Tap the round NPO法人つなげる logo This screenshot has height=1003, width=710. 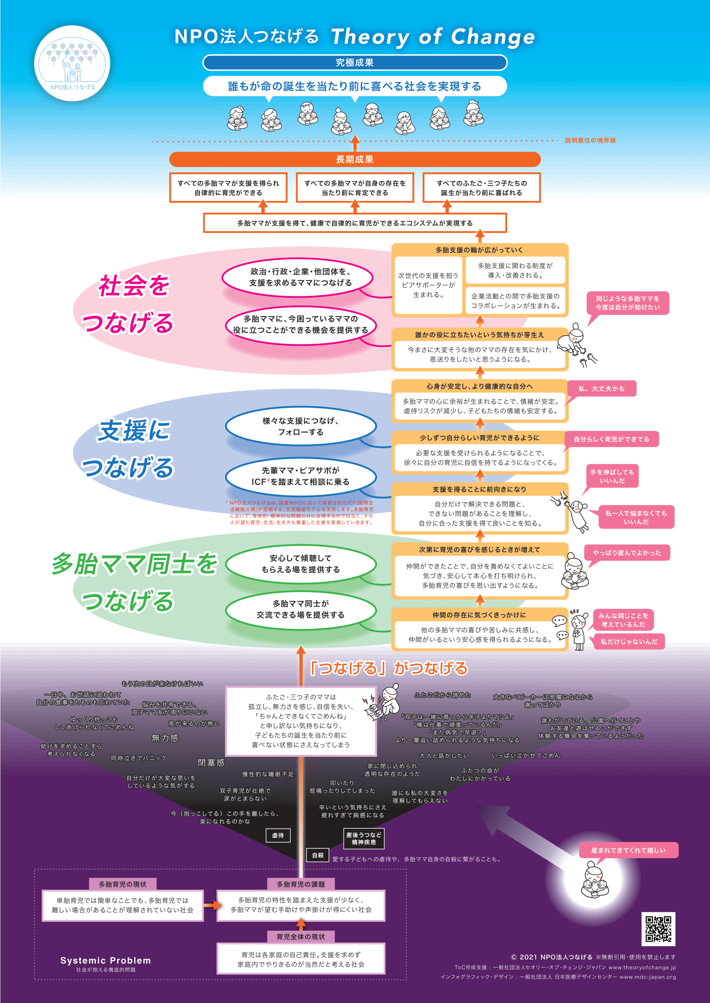(72, 64)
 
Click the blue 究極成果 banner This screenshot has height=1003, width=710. (355, 62)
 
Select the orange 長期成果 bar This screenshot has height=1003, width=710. (355, 159)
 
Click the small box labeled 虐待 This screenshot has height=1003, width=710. (278, 835)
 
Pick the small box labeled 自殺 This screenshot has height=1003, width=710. (318, 855)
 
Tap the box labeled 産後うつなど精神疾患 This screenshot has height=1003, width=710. (364, 838)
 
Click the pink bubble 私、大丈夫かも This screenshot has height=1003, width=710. (601, 388)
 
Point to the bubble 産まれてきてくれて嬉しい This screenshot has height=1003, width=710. (628, 850)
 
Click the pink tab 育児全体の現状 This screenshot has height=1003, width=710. (301, 936)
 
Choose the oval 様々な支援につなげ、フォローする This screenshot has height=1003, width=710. (301, 426)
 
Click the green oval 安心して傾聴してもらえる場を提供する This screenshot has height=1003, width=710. (301, 564)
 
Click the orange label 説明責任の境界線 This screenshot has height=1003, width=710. (590, 140)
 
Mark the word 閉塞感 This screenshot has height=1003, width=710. (211, 762)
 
